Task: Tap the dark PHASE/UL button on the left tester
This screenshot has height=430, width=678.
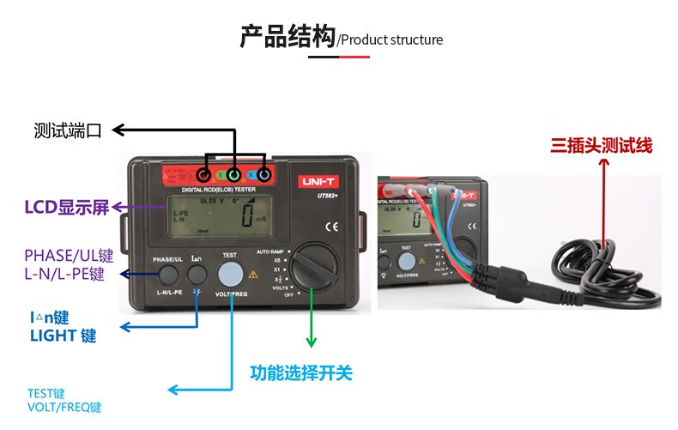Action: coord(167,275)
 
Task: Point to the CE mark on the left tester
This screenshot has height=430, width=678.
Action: coord(330,227)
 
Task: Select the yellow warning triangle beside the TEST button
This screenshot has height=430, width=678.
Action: coord(253,276)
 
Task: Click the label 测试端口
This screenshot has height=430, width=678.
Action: coord(68,130)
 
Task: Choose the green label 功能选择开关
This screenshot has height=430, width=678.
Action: coord(301,373)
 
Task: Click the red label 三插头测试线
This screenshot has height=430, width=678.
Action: coord(602,146)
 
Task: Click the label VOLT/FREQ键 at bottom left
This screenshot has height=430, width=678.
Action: coord(64,407)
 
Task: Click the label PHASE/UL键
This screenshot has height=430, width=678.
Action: coord(69,256)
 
